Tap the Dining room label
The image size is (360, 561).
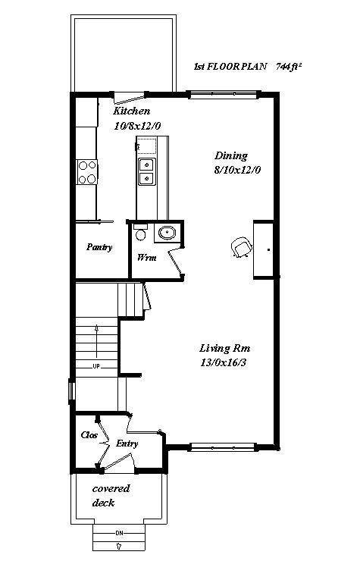pos(231,156)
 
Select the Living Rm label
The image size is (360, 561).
pos(224,348)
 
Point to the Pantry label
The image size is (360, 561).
pos(99,247)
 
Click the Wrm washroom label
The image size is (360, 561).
pos(146,258)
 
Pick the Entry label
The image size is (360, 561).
pos(127,443)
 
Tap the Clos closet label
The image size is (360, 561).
pos(88,435)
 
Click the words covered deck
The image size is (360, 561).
pos(111,496)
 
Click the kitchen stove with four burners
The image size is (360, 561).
pos(87,172)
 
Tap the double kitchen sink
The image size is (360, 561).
pos(146,171)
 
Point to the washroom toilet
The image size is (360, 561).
pos(139,233)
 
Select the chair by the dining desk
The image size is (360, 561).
pos(241,247)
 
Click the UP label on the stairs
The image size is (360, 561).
pos(96,366)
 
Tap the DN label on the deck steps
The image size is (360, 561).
pos(118,534)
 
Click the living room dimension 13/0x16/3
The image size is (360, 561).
pos(225,362)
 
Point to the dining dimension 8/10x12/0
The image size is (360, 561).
pos(238,171)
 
